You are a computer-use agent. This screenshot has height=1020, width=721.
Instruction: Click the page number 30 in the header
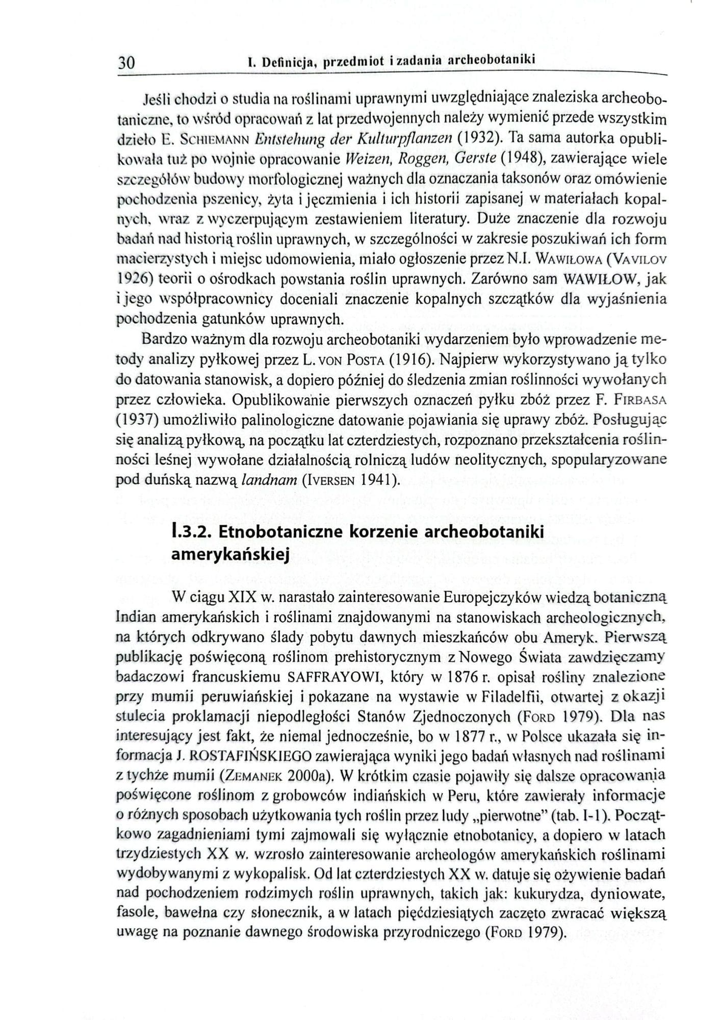(126, 63)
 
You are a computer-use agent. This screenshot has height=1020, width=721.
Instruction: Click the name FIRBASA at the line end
(641, 400)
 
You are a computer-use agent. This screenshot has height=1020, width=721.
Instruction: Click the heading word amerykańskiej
(230, 553)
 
